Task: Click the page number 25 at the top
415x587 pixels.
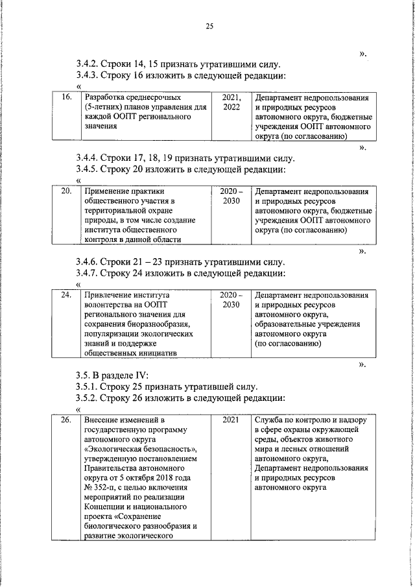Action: pos(209,27)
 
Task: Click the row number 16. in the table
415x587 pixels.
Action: pos(65,98)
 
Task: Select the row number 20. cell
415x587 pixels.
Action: pos(65,192)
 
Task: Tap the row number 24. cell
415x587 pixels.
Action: pos(65,295)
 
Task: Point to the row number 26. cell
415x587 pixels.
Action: pos(65,420)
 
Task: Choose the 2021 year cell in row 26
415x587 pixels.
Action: pos(231,420)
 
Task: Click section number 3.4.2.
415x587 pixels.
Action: pos(89,64)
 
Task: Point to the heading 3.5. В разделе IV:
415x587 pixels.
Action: pos(112,375)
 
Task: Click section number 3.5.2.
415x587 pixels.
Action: pos(89,398)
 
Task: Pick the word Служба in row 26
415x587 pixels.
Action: pos(269,420)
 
